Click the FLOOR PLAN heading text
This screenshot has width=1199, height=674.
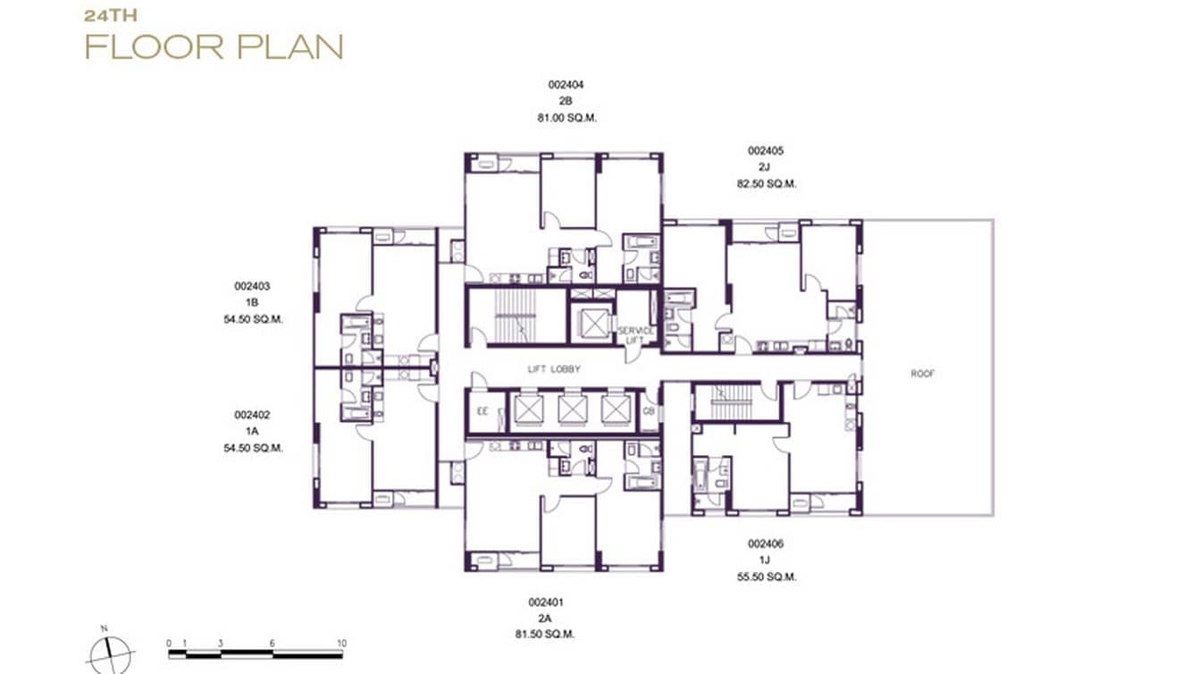(214, 46)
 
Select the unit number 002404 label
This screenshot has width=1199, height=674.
(566, 85)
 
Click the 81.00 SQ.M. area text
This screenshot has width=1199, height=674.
(566, 117)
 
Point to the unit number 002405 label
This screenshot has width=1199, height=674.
(766, 151)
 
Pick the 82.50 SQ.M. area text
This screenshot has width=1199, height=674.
(766, 183)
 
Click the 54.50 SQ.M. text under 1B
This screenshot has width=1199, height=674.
(253, 319)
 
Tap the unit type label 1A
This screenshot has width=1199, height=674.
(253, 432)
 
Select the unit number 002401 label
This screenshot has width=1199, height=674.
(546, 602)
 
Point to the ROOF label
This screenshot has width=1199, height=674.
(923, 374)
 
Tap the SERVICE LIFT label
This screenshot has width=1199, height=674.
(636, 334)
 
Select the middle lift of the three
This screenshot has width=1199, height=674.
(572, 409)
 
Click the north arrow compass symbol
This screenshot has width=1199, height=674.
(111, 653)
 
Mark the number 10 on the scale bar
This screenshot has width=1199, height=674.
(340, 643)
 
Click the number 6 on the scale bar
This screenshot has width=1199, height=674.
(272, 643)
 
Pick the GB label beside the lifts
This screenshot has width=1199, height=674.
(649, 411)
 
